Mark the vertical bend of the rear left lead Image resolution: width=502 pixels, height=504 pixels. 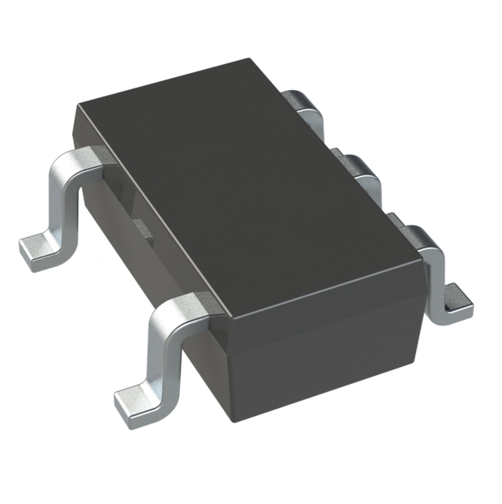coord(61,199)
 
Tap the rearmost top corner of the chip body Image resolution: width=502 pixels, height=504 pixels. coord(243,59)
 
